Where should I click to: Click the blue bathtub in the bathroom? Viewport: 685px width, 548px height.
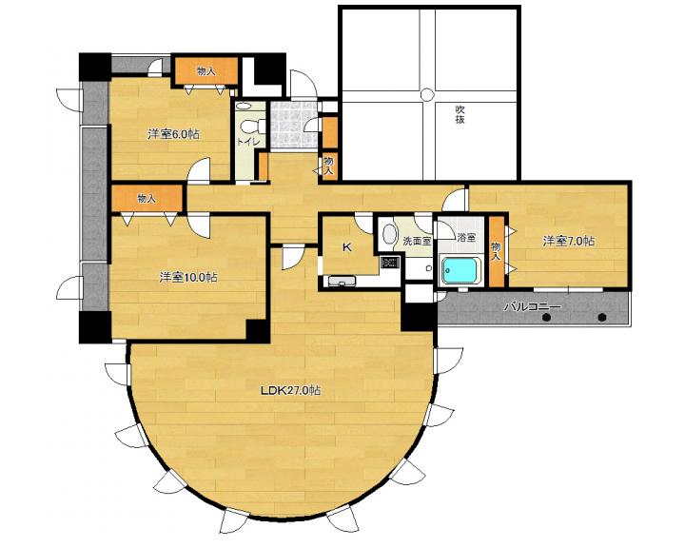point(461,270)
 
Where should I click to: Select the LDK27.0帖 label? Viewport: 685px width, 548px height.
point(290,390)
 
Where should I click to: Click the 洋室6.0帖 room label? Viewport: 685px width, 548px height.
point(173,134)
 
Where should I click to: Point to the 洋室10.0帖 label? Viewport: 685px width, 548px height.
point(188,277)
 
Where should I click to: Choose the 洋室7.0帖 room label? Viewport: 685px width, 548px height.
point(568,241)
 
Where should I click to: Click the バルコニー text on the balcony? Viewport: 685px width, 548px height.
point(532,306)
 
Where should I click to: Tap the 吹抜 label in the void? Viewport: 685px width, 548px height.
point(460,113)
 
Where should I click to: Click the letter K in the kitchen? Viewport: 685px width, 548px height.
point(347,247)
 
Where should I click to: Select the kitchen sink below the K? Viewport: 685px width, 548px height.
point(342,281)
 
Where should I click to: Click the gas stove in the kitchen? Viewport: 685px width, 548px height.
point(390,263)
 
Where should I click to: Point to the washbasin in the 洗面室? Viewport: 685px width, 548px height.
point(388,233)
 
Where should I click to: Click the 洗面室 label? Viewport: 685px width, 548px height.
point(417,241)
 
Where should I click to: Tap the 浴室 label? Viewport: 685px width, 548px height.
point(466,238)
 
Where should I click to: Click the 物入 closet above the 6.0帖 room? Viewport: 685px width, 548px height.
point(206,70)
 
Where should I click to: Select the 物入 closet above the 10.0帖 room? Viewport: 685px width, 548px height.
point(147,199)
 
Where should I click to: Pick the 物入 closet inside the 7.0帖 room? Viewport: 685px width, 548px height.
point(496,252)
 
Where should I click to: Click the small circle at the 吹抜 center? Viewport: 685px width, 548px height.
point(425,94)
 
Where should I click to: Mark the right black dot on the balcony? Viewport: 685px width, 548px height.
point(602,317)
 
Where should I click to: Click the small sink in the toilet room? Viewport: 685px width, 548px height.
point(245,106)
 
